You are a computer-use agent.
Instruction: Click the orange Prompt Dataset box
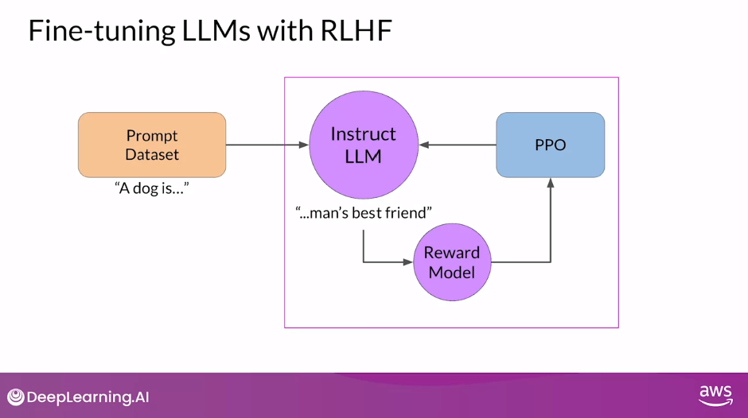[152, 145]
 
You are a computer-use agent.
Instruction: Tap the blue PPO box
[550, 145]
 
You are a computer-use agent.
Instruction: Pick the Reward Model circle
[452, 262]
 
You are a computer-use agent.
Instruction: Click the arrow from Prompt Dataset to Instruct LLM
[267, 145]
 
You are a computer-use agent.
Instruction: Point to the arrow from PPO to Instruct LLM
[458, 145]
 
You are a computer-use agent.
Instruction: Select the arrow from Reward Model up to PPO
[550, 230]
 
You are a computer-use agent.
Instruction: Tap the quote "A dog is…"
[152, 189]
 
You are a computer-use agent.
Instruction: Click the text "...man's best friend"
[364, 213]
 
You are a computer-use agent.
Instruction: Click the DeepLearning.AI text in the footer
[88, 397]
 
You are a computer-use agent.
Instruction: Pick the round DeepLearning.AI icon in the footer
[15, 397]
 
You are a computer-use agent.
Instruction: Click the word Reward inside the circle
[452, 253]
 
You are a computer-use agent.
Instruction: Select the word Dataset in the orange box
[152, 154]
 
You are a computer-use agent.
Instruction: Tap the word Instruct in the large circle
[363, 134]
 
